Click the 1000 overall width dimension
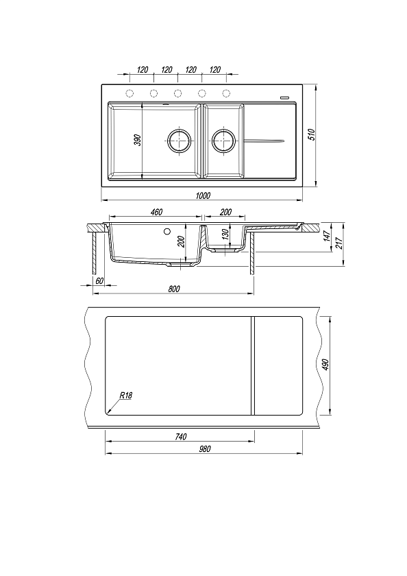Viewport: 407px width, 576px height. (203, 195)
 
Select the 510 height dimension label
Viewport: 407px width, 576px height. (312, 134)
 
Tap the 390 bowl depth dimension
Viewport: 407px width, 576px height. (138, 140)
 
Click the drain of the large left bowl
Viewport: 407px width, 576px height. (179, 140)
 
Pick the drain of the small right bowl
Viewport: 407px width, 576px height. (223, 140)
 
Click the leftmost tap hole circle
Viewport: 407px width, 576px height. (129, 93)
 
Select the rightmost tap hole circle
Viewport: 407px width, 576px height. (226, 93)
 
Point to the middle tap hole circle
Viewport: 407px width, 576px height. (177, 93)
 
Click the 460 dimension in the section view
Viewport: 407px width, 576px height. (156, 212)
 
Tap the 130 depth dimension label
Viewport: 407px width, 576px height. (226, 234)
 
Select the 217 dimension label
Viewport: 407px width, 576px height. (339, 243)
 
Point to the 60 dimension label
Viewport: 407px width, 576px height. (99, 280)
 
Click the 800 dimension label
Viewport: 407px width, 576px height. (174, 289)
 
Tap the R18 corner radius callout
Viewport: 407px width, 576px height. (125, 396)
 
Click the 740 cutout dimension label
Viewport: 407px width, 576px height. (181, 436)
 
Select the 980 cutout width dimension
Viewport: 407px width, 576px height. (205, 449)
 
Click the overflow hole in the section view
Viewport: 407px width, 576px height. (167, 232)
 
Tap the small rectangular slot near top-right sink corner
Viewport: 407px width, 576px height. (284, 97)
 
